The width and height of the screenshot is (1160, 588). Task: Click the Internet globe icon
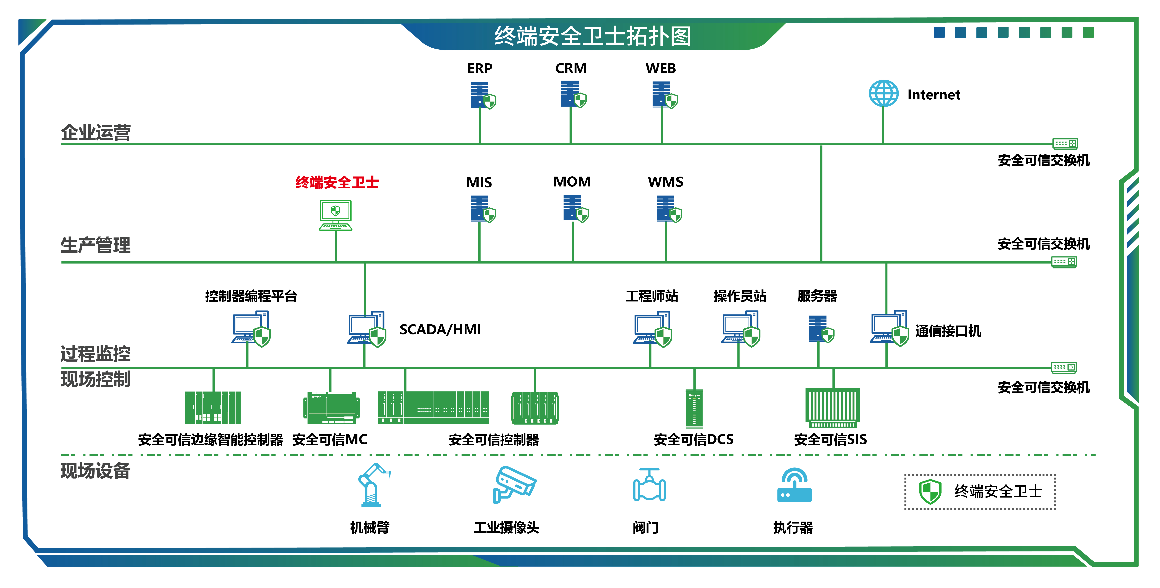883,94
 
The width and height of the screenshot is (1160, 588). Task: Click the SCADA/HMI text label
440,330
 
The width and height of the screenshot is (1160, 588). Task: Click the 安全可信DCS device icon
694,409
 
